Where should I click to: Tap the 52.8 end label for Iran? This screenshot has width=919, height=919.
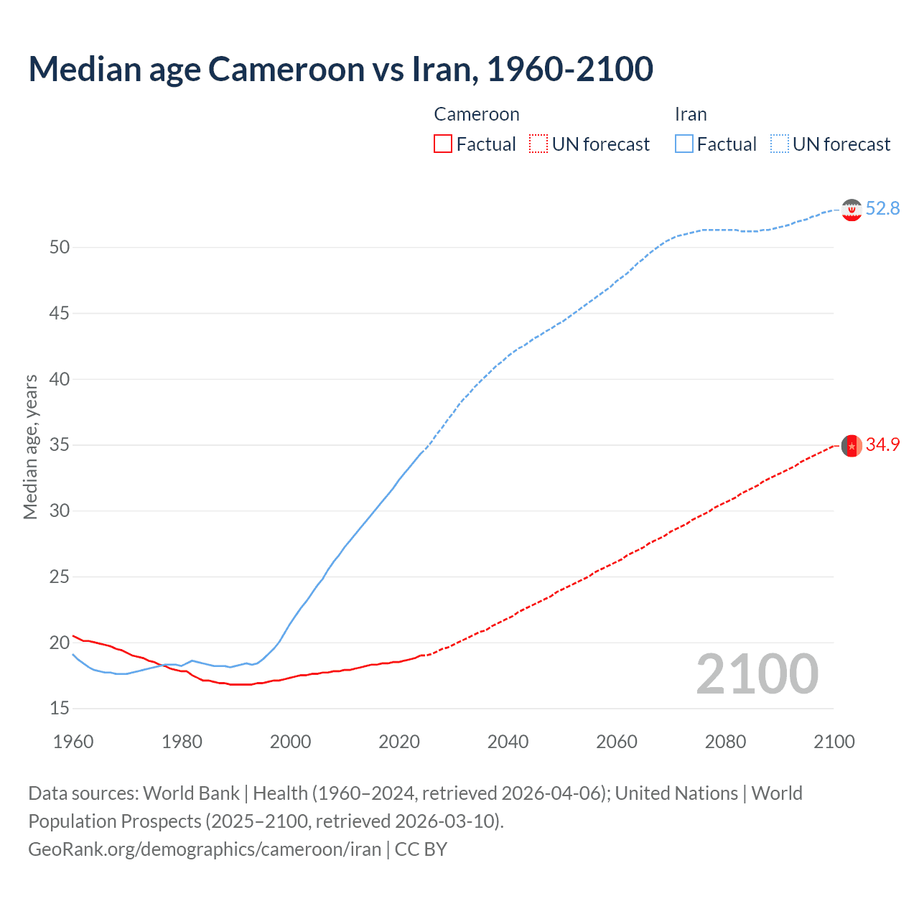(882, 208)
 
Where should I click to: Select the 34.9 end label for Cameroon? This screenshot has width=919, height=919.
(882, 445)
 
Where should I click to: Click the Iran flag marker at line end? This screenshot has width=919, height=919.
(852, 210)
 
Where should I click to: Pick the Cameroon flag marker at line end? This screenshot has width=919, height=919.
(852, 446)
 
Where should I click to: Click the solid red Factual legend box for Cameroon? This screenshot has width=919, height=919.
(443, 144)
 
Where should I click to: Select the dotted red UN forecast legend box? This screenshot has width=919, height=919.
(538, 144)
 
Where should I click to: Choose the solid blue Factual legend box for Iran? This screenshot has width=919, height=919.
(684, 144)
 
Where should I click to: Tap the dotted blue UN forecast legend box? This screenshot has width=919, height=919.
(780, 144)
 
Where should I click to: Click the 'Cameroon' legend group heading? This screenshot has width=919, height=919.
(477, 114)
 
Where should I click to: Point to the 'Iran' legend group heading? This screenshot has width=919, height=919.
(691, 114)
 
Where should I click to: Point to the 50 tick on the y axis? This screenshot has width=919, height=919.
(60, 248)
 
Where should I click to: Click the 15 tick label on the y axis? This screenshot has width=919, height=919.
(60, 709)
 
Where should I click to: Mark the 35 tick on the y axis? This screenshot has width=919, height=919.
(60, 445)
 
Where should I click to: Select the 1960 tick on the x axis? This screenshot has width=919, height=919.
(73, 742)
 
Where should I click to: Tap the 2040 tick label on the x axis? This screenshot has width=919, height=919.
(508, 742)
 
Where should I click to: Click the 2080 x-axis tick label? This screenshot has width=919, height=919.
(725, 742)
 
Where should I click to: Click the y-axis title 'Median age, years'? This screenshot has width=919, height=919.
(30, 447)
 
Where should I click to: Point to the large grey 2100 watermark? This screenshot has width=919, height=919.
(757, 673)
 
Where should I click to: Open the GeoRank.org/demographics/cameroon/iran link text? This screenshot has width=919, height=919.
(205, 849)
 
